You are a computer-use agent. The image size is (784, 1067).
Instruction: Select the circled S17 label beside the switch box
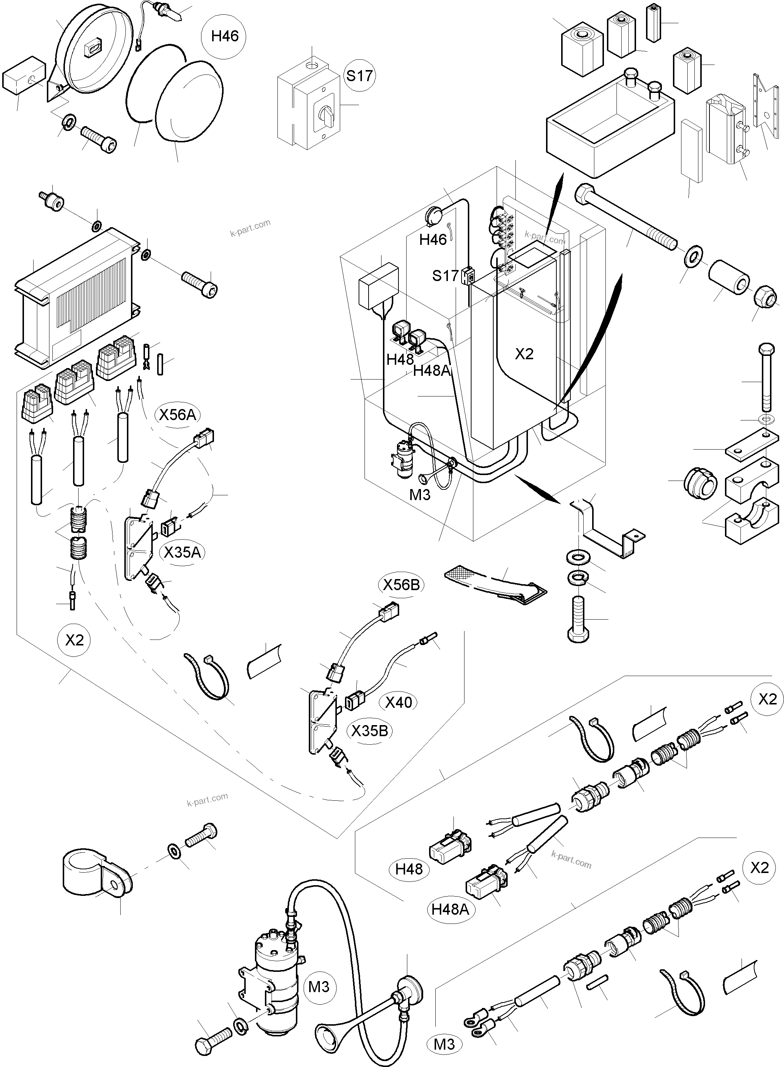tap(359, 76)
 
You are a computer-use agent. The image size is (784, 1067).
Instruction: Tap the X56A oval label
tap(177, 415)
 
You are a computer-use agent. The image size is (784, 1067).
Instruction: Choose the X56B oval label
tap(401, 585)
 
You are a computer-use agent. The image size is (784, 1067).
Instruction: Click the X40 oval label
tap(398, 702)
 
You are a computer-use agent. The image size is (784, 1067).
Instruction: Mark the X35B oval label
tap(370, 731)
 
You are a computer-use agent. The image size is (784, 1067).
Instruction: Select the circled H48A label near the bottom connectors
tap(450, 909)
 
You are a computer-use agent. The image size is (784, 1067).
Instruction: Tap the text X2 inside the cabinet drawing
tap(524, 354)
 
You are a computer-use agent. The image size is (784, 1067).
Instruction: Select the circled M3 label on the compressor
tap(318, 987)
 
